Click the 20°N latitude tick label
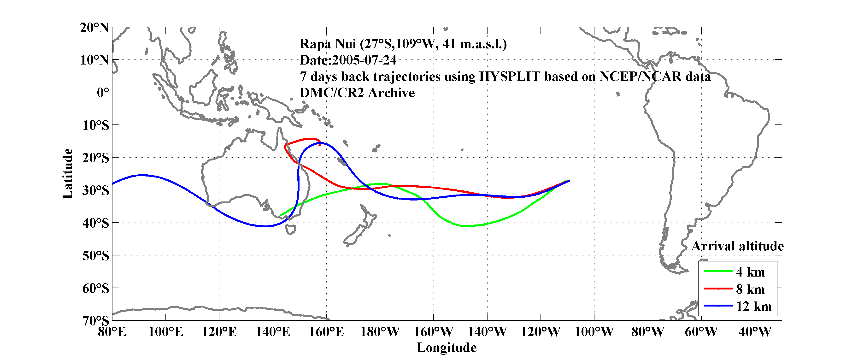94,28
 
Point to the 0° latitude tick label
103,92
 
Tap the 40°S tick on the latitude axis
96,223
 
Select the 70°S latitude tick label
96,321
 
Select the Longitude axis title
447,348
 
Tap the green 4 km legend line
718,271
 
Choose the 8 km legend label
750,289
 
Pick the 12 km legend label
754,306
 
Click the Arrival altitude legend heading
737,246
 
